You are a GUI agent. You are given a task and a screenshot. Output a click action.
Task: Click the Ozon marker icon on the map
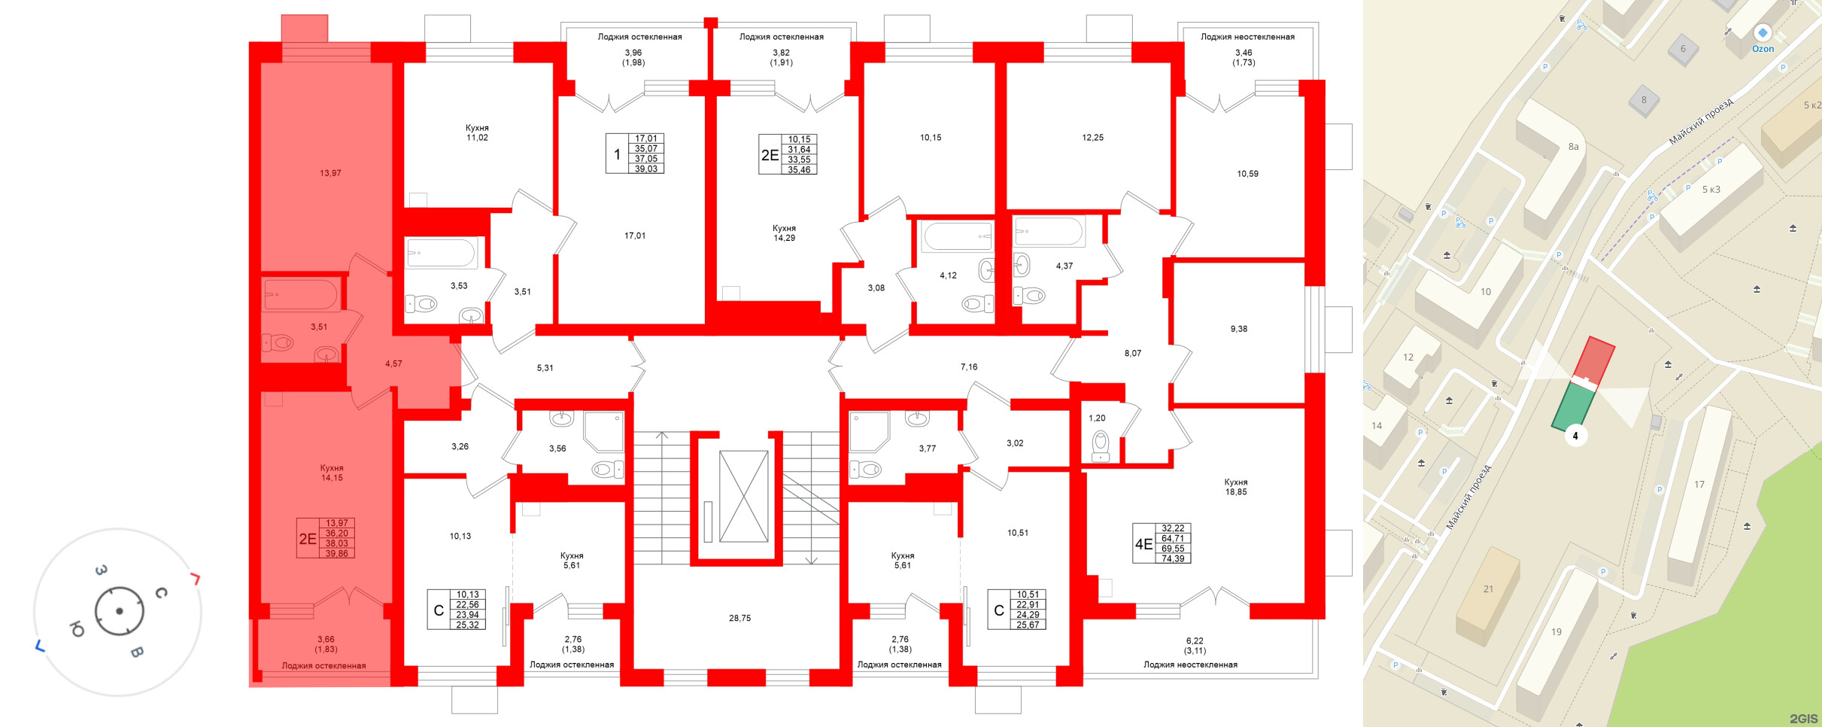(x=1763, y=33)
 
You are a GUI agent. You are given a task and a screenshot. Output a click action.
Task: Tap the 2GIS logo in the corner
(x=1803, y=719)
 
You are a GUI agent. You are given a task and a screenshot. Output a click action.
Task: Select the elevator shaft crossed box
(x=743, y=496)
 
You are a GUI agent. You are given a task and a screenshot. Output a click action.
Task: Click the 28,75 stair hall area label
(x=739, y=618)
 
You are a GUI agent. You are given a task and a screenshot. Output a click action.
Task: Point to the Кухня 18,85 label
(x=1236, y=487)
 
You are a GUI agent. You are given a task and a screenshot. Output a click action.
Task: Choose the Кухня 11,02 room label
(x=477, y=133)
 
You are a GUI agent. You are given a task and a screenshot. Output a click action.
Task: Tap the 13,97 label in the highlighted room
(x=330, y=173)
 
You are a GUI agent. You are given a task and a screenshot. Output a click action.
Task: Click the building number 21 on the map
(x=1488, y=589)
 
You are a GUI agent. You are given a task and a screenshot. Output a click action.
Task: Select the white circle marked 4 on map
(x=1575, y=436)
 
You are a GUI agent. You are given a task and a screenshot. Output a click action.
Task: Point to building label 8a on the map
(x=1573, y=147)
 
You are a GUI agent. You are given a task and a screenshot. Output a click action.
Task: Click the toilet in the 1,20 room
(x=1100, y=446)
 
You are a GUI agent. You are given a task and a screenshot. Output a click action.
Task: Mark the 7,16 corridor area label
(x=969, y=367)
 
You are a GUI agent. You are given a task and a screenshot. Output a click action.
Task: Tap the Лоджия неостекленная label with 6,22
(x=1190, y=665)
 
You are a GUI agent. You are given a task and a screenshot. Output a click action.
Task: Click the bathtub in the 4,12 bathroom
(x=958, y=236)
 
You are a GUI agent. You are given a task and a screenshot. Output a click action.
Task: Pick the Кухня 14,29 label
(x=784, y=233)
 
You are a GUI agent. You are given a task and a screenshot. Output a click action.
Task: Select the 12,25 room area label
(x=1092, y=138)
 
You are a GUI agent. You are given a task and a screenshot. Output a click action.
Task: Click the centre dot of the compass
(x=120, y=611)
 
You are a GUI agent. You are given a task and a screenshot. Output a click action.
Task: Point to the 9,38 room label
(x=1238, y=329)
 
